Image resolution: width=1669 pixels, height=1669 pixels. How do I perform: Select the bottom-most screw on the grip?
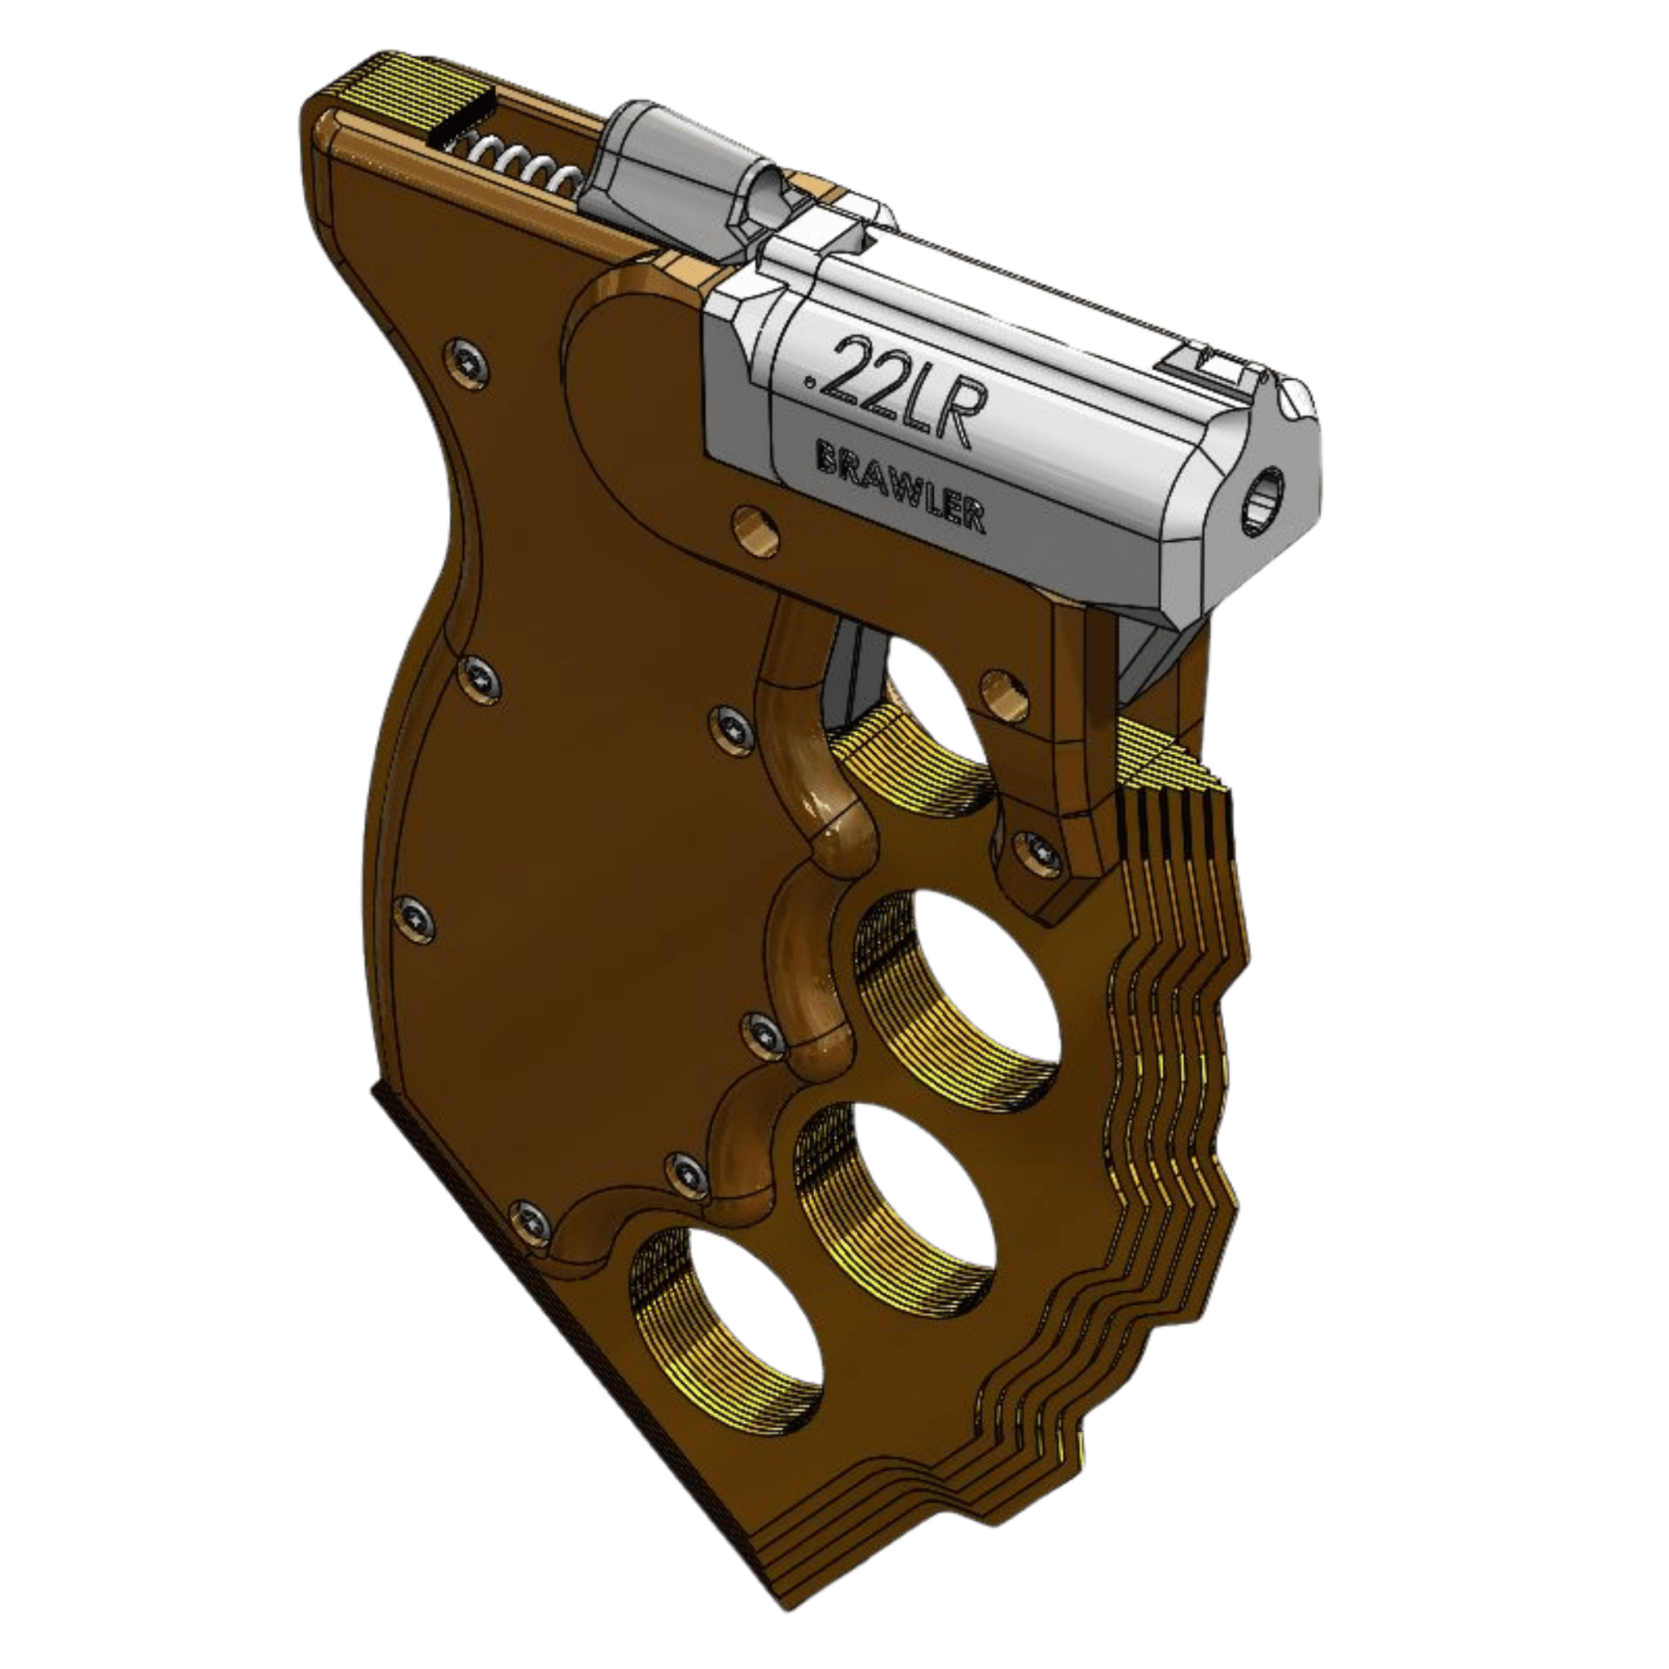tap(529, 1219)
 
